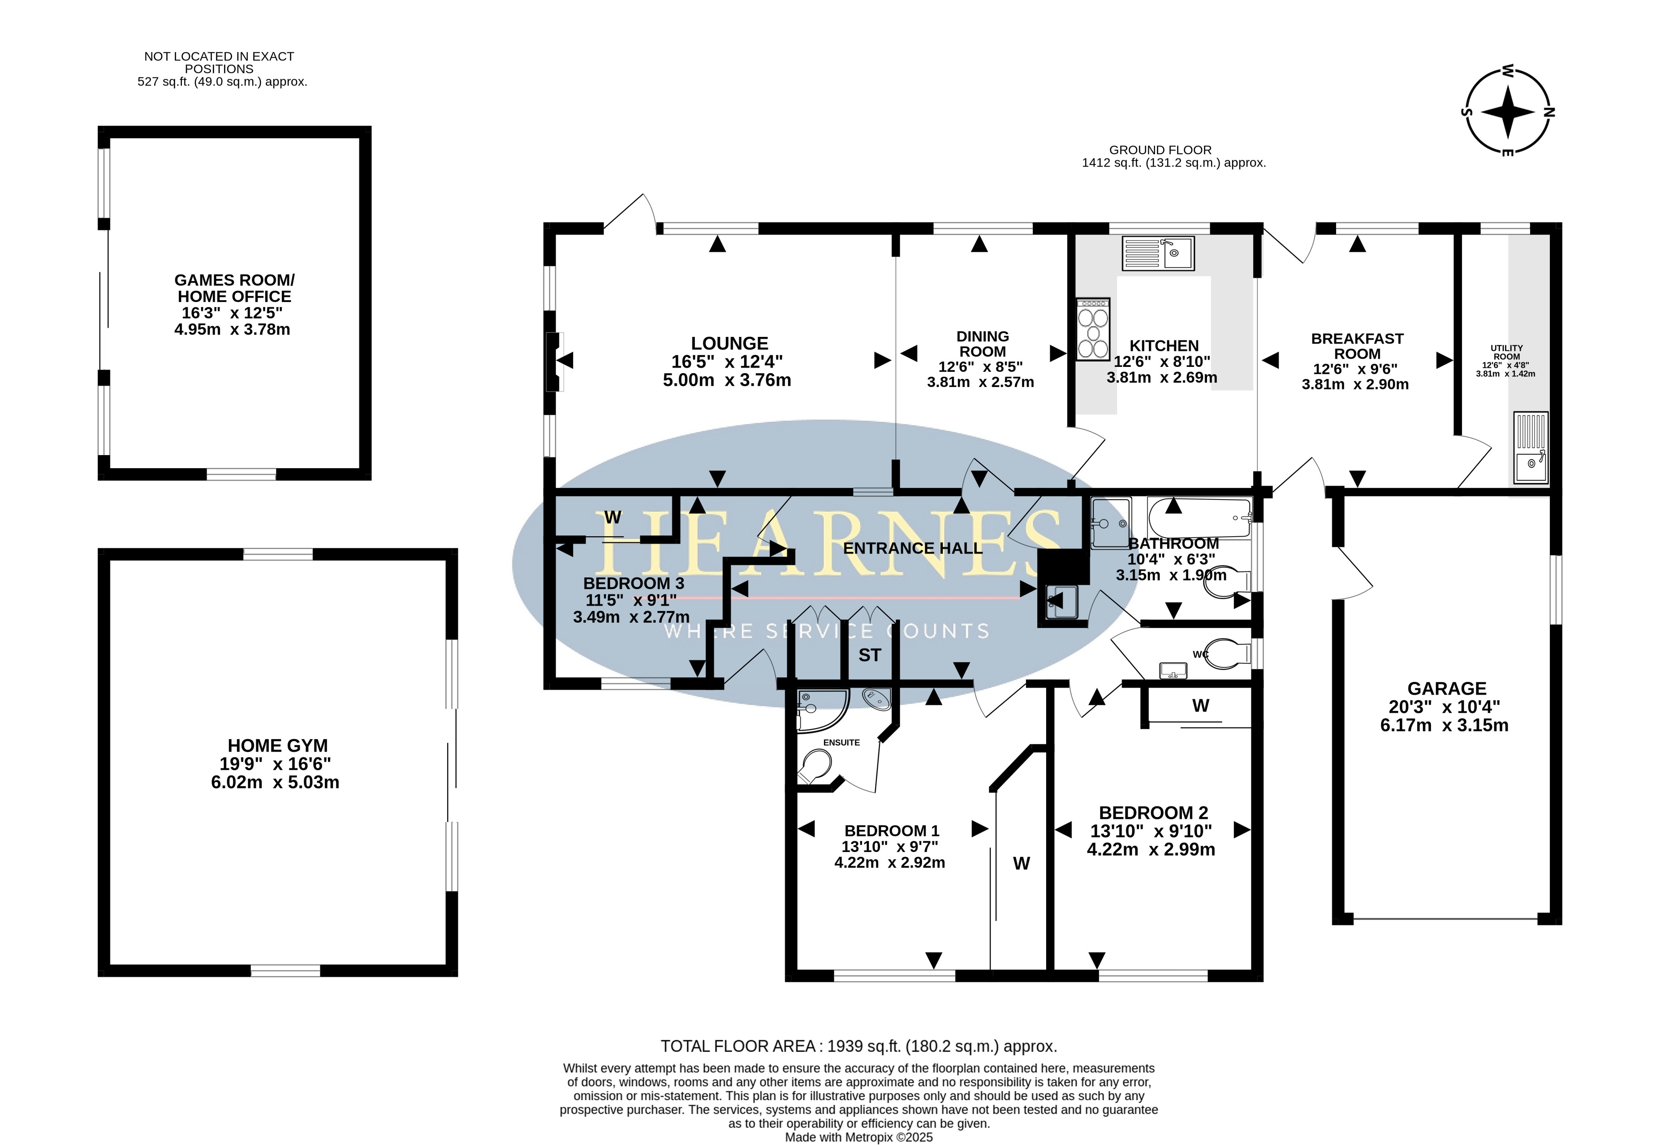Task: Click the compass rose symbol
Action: pyautogui.click(x=1507, y=111)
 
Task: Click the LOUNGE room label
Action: pyautogui.click(x=729, y=344)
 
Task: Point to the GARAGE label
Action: pyautogui.click(x=1446, y=689)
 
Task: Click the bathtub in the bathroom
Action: pyautogui.click(x=1199, y=517)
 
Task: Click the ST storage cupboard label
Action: pyautogui.click(x=870, y=655)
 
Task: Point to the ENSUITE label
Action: pyautogui.click(x=841, y=743)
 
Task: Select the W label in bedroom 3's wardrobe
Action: pyautogui.click(x=612, y=517)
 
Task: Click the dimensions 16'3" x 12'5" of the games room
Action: pyautogui.click(x=232, y=313)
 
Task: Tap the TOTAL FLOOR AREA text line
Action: pyautogui.click(x=859, y=1046)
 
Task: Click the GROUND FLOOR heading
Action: pyautogui.click(x=1160, y=150)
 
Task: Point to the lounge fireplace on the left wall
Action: pyautogui.click(x=554, y=362)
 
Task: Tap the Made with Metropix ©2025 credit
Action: pyautogui.click(x=859, y=1137)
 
